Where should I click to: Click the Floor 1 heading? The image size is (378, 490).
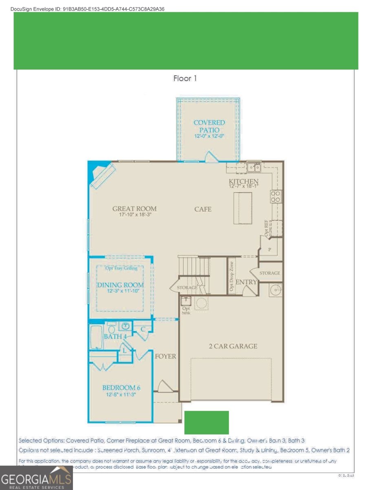pos(185,78)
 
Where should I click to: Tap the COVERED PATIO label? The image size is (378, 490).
pos(209,126)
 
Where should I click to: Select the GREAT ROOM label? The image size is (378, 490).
pos(134,209)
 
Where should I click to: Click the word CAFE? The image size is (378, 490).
pos(203,209)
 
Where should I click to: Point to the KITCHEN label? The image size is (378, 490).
pos(243,181)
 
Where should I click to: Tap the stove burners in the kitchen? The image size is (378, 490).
pos(276,197)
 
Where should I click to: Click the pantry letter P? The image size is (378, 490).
pos(270,249)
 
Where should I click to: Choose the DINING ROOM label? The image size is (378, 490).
pos(120,285)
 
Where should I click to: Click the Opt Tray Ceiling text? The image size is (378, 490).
pos(122,268)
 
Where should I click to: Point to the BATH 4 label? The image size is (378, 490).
pos(115,337)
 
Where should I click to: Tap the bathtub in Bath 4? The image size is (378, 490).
pos(96,337)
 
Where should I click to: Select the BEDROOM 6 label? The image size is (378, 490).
pos(122,388)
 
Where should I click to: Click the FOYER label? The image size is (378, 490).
pos(166,356)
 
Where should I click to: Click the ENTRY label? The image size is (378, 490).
pos(246,282)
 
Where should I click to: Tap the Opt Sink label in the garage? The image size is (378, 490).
pos(186,311)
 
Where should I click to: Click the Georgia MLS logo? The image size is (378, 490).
pos(36,478)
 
